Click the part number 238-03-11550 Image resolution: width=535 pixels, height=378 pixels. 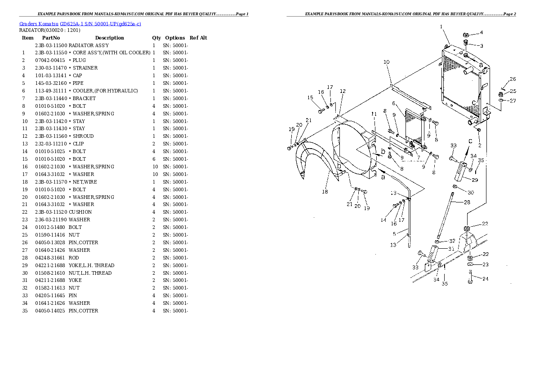pos(51,53)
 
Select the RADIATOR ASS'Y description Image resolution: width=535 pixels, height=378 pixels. pos(89,45)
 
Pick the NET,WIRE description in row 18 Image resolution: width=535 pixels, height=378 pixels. pos(85,182)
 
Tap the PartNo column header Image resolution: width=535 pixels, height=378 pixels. pos(51,38)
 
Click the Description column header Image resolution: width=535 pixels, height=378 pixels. pos(109,38)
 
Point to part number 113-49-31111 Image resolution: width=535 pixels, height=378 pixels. pos(51,91)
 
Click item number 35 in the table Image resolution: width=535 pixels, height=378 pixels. pos(25,311)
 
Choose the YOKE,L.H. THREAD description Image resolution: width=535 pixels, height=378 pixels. pos(91,265)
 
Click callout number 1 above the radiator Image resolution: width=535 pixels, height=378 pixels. pos(441,27)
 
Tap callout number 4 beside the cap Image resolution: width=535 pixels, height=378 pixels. pos(481,32)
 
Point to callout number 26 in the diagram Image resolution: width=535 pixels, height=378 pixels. pos(513,80)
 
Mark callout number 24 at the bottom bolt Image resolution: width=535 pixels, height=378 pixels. pos(486,279)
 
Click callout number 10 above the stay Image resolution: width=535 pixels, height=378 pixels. pos(386,62)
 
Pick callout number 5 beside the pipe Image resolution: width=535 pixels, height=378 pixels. pos(394,233)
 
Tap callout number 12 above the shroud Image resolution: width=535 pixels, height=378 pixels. pos(343,92)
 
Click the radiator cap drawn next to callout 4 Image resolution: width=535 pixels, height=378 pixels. pos(466,35)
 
